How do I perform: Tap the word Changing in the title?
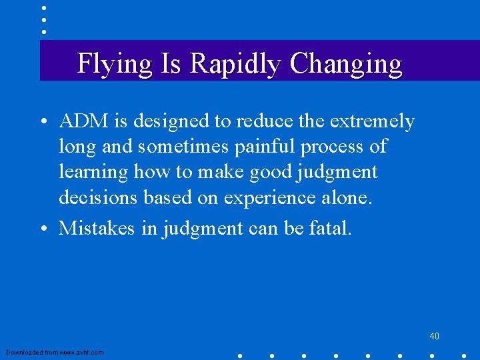coord(346,64)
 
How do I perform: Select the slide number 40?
coord(434,336)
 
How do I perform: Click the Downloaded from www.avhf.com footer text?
coord(55,352)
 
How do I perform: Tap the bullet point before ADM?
coord(43,123)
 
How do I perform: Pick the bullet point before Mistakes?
coord(43,229)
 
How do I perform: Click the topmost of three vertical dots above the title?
coord(44,9)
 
